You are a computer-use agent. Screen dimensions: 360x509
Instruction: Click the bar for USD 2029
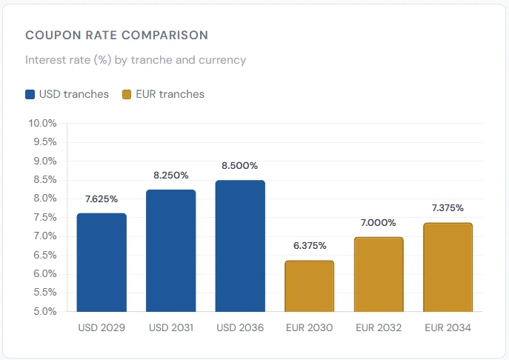[102, 262]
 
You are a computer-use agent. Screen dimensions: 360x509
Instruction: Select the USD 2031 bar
[171, 250]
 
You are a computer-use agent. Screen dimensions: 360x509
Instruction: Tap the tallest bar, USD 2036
[240, 246]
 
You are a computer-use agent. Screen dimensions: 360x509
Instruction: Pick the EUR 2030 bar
[309, 286]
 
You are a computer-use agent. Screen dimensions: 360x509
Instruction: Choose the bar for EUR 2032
[379, 274]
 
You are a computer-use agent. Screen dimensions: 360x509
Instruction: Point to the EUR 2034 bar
[448, 267]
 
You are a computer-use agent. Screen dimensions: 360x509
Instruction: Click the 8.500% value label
[240, 166]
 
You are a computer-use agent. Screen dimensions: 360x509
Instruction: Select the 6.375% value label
[309, 246]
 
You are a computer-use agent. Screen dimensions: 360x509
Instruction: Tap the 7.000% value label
[379, 222]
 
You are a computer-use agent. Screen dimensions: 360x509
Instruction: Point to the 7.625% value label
[102, 199]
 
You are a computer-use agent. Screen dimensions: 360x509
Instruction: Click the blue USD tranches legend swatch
[30, 95]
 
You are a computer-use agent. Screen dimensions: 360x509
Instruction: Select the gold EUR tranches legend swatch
[126, 95]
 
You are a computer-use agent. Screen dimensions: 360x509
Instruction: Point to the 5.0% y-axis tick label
[43, 311]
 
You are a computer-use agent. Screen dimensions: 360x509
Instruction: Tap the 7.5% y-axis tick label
[43, 217]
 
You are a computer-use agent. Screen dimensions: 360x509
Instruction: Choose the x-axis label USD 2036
[240, 327]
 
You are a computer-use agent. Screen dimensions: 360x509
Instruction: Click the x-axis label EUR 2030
[309, 327]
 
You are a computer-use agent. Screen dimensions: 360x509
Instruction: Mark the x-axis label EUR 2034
[448, 327]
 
